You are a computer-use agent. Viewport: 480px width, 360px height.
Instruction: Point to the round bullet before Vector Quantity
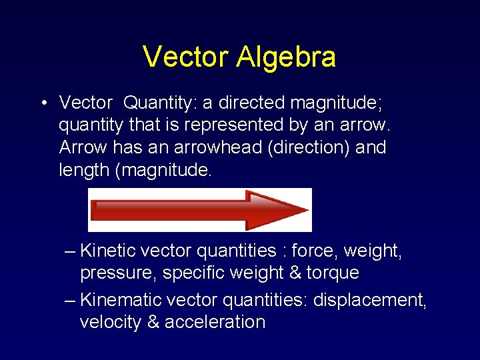point(42,103)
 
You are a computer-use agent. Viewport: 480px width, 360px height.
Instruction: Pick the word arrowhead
point(214,147)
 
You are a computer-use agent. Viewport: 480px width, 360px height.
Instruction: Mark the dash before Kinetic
point(71,252)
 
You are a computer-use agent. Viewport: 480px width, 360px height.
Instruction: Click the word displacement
point(369,300)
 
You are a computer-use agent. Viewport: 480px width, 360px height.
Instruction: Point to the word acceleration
point(215,322)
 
